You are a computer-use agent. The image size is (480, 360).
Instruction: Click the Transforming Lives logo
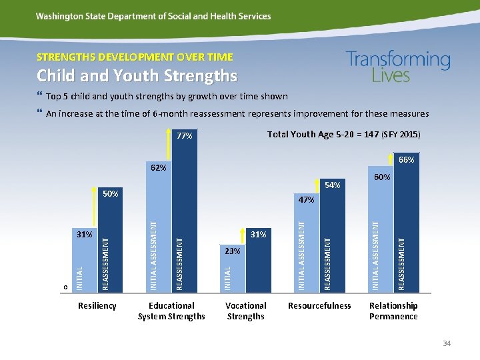click(x=398, y=67)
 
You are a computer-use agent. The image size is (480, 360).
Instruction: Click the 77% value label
click(x=185, y=136)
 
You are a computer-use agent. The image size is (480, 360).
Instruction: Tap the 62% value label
click(x=158, y=167)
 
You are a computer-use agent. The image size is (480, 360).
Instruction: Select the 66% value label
click(x=406, y=160)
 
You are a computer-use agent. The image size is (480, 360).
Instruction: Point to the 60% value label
click(x=382, y=177)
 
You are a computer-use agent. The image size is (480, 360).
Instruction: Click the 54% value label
click(x=332, y=185)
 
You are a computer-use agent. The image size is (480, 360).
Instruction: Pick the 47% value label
click(x=307, y=199)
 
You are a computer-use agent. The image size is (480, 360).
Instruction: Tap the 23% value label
click(x=232, y=251)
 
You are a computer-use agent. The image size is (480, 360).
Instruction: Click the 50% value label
click(x=110, y=194)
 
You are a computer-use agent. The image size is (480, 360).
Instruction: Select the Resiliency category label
click(x=97, y=306)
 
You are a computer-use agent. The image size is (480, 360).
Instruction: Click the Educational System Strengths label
click(x=171, y=311)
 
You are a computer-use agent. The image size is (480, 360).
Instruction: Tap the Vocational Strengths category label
click(x=245, y=311)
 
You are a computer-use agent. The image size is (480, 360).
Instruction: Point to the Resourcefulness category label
click(x=319, y=306)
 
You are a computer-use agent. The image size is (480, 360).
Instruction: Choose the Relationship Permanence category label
click(x=393, y=311)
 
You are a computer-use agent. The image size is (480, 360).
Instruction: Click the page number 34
click(x=447, y=343)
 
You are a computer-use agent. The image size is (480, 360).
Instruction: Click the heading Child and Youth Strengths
click(x=137, y=76)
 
